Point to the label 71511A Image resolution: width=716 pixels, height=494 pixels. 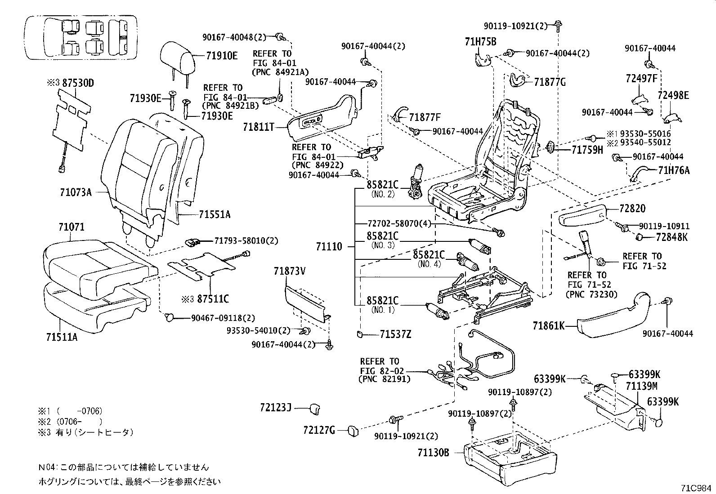pos(61,336)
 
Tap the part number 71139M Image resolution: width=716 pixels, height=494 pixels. pos(642,386)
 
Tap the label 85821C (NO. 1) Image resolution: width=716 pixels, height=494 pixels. pos(382,300)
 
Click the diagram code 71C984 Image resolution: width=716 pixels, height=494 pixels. pos(696,488)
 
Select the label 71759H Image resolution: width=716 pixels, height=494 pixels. pos(587,150)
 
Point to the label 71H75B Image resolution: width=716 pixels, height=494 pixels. pos(480,42)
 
